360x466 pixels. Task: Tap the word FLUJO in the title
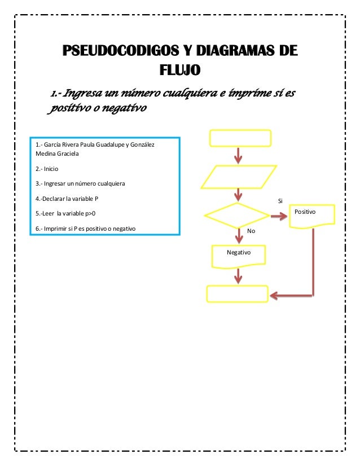[180, 71]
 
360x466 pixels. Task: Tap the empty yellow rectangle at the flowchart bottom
[237, 294]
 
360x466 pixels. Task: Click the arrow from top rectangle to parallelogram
[239, 155]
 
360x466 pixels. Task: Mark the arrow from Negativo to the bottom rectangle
[239, 275]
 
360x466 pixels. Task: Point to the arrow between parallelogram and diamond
[239, 194]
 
